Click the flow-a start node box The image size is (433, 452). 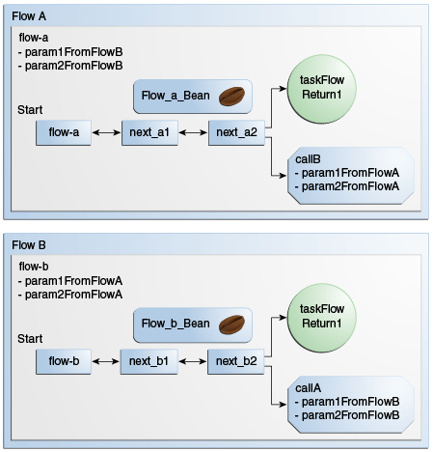click(x=63, y=132)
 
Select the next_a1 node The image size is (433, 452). click(x=149, y=132)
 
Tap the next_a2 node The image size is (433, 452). click(x=237, y=132)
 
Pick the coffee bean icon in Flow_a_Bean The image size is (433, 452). click(x=231, y=96)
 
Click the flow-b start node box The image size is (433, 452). click(x=63, y=362)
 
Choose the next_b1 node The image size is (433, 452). click(x=149, y=362)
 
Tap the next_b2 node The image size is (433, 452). click(x=237, y=362)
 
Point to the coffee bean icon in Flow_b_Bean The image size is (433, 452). click(x=231, y=325)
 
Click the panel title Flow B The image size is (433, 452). click(x=24, y=243)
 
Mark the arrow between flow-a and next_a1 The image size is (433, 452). click(x=106, y=132)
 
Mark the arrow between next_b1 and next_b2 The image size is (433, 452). click(x=193, y=362)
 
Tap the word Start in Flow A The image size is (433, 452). click(x=30, y=111)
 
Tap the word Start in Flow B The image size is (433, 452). click(x=30, y=340)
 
